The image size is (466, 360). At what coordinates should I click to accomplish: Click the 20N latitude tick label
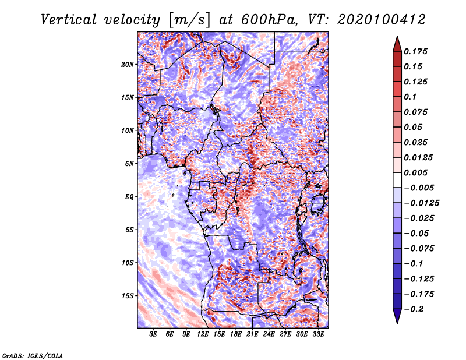[127, 64]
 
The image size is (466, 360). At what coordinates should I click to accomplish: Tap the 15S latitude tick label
[127, 295]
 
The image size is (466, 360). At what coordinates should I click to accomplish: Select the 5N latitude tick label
[129, 163]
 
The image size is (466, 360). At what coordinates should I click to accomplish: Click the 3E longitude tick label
[154, 335]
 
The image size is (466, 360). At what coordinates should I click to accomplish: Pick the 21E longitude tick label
[253, 335]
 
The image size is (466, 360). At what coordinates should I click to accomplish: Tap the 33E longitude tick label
[319, 335]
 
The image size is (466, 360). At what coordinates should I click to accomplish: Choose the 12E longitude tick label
[203, 335]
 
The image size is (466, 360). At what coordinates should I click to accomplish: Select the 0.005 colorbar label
[417, 172]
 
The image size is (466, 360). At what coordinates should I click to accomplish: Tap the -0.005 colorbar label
[419, 188]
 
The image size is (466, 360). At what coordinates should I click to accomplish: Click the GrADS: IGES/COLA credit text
[32, 355]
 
